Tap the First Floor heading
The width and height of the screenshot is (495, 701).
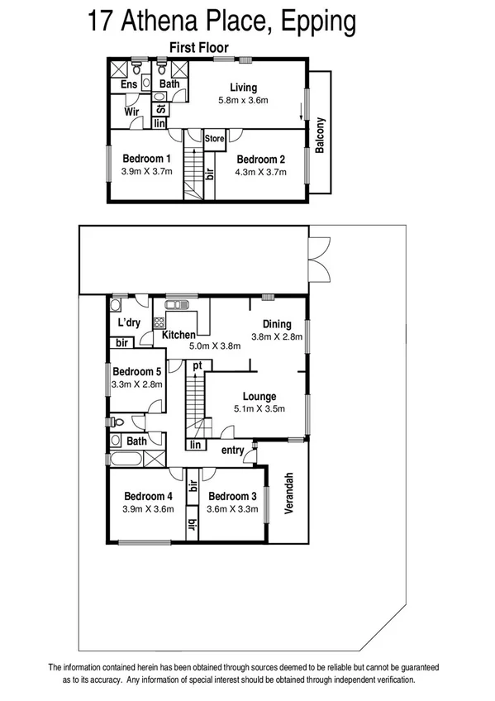click(x=198, y=48)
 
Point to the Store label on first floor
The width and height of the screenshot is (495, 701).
click(x=215, y=138)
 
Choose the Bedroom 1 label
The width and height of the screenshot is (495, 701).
click(x=146, y=159)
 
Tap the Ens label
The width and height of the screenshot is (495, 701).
click(x=129, y=84)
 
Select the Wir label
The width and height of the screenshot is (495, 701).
click(x=131, y=111)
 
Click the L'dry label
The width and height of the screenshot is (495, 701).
click(x=127, y=322)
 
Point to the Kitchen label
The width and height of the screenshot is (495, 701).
click(x=178, y=335)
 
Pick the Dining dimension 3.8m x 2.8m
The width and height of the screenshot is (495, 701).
click(x=277, y=337)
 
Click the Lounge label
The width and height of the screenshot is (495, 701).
click(x=259, y=396)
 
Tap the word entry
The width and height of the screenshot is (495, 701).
click(x=233, y=450)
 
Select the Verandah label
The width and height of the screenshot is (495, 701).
click(x=289, y=494)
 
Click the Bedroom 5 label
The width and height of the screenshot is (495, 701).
click(x=137, y=372)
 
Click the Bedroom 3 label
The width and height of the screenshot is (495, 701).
click(x=233, y=496)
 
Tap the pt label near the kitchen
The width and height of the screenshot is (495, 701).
click(x=197, y=365)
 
